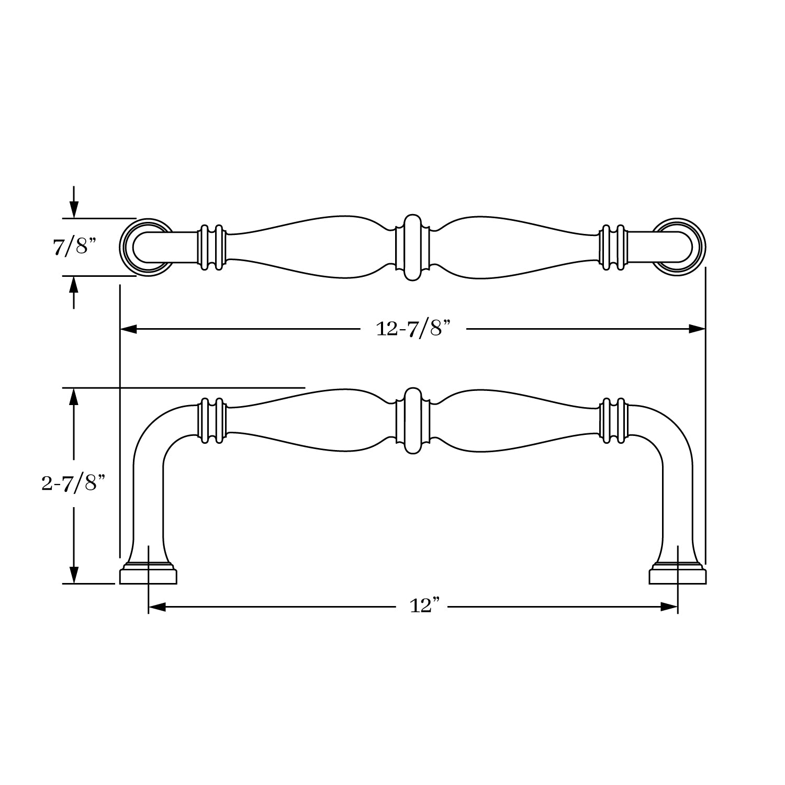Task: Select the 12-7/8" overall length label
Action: (x=413, y=329)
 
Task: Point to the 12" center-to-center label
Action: (x=423, y=607)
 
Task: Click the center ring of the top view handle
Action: (x=413, y=247)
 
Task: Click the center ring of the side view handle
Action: (x=413, y=421)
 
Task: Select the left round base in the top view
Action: (x=148, y=247)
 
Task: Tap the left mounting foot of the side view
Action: (x=148, y=574)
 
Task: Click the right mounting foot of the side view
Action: (x=678, y=574)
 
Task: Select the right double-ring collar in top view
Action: (x=613, y=247)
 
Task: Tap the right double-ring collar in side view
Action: (x=613, y=421)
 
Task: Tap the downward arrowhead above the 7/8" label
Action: (x=74, y=209)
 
